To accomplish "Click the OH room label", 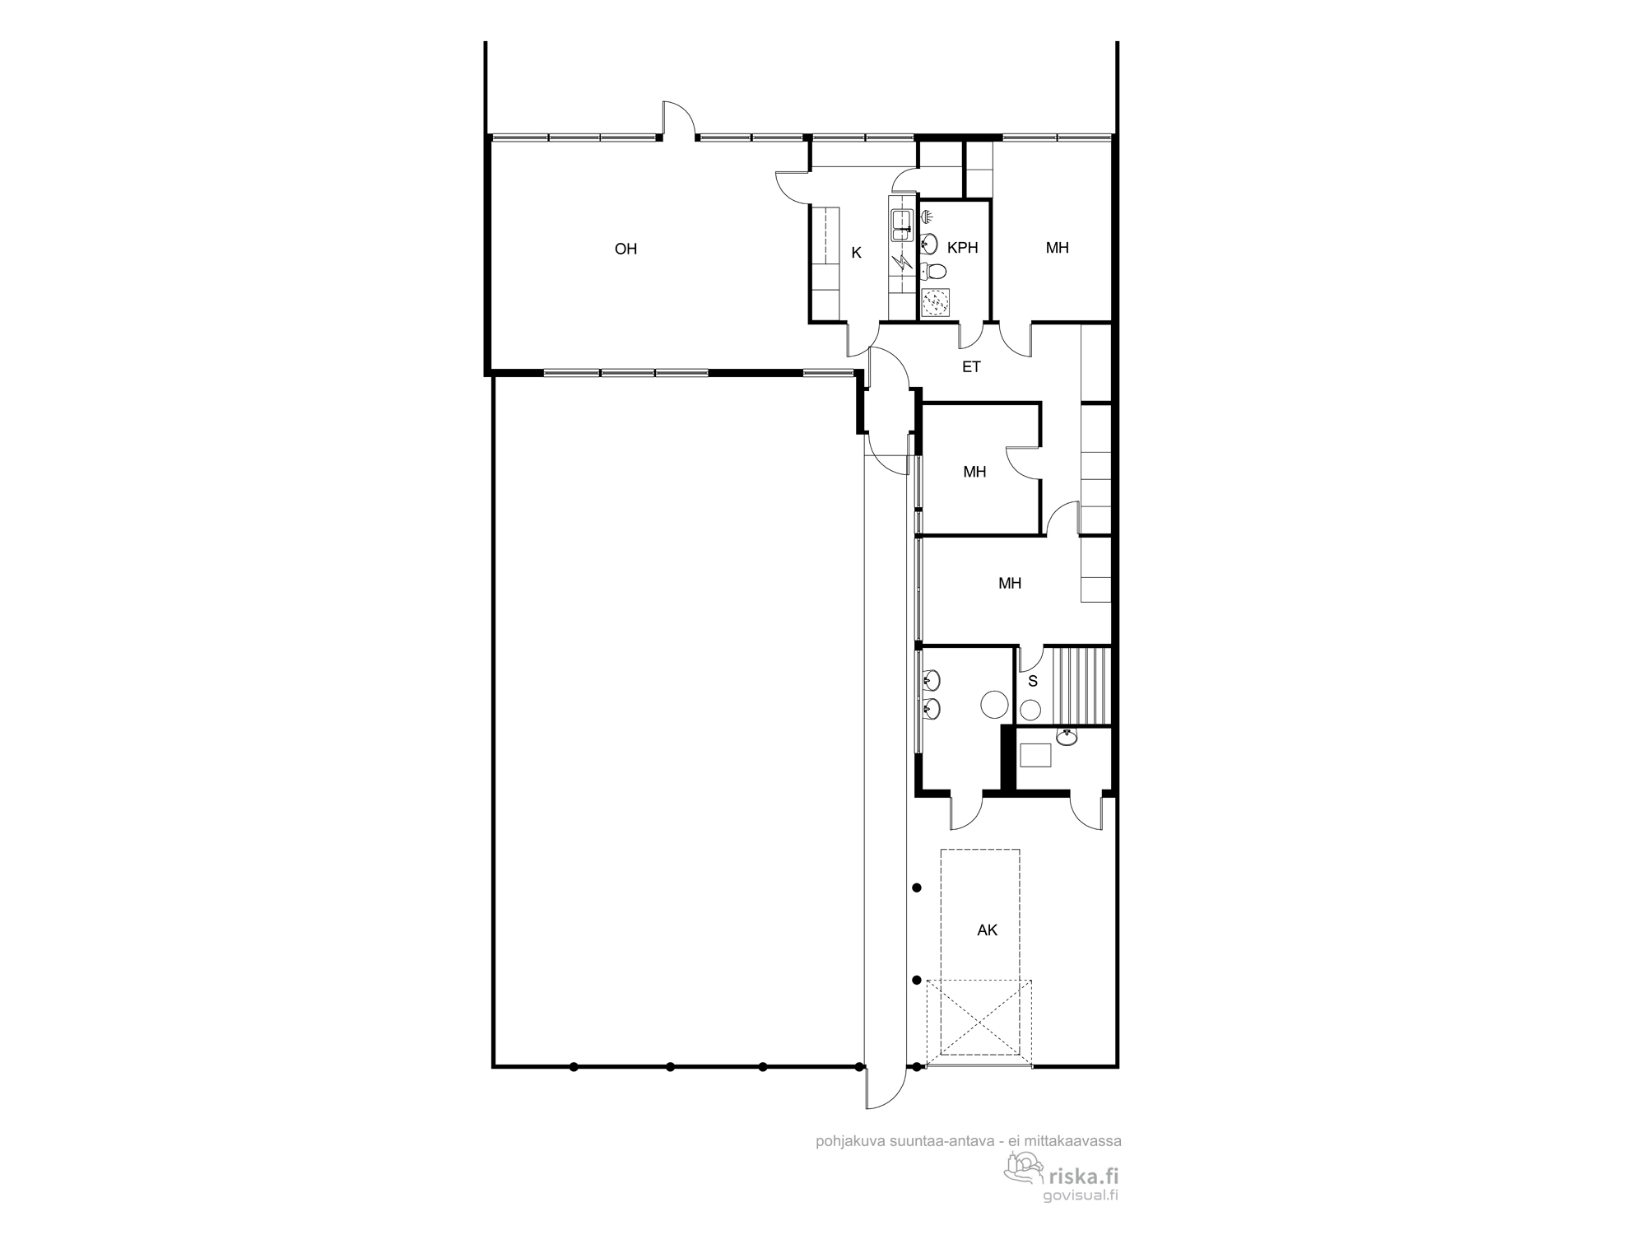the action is click(x=625, y=249).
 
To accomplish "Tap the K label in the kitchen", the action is click(x=856, y=253).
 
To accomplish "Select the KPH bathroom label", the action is click(x=962, y=247).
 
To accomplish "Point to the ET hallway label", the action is click(x=971, y=366).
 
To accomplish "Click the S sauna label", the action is click(x=1033, y=681).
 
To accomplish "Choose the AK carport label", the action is click(x=987, y=930).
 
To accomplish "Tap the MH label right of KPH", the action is click(x=1057, y=247).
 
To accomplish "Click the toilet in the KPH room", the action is click(x=932, y=270).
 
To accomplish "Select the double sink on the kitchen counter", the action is click(x=902, y=225).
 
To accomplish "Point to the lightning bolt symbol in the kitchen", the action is click(x=902, y=263).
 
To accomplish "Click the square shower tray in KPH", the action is click(x=936, y=302).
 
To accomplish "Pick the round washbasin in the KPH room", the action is click(x=929, y=244).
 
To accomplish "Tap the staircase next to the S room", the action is click(x=1077, y=686).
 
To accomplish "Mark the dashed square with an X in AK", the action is click(x=979, y=1018).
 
